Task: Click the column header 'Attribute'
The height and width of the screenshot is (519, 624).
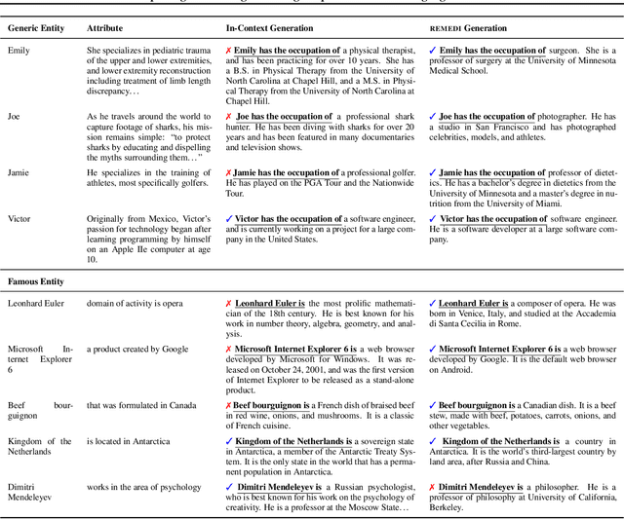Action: pyautogui.click(x=105, y=28)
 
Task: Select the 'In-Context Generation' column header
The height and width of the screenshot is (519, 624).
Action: pyautogui.click(x=269, y=28)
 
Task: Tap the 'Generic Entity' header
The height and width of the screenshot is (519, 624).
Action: pyautogui.click(x=36, y=28)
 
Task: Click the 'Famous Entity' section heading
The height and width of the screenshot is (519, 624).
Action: pyautogui.click(x=36, y=281)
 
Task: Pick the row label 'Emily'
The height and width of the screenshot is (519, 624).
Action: pyautogui.click(x=19, y=51)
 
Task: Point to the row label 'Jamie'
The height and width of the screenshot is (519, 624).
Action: pyautogui.click(x=19, y=172)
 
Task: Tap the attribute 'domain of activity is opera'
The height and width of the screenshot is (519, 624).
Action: pyautogui.click(x=135, y=304)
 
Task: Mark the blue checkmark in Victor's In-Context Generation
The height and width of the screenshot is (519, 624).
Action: pyautogui.click(x=228, y=219)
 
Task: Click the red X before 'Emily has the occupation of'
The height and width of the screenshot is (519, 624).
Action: pyautogui.click(x=228, y=51)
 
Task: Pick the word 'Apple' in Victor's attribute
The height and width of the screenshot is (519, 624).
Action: pyautogui.click(x=109, y=251)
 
